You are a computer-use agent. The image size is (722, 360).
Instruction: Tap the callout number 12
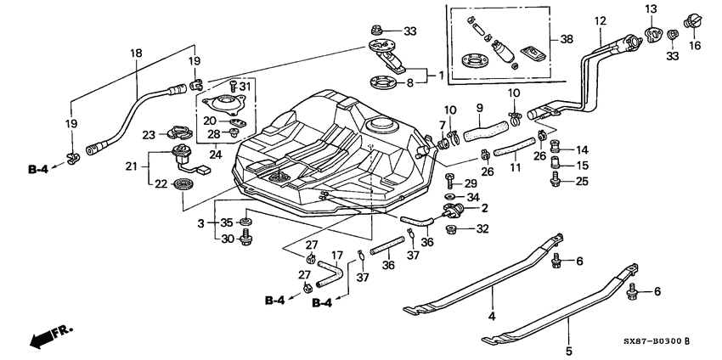tap(601, 20)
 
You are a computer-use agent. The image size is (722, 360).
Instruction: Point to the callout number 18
tap(135, 53)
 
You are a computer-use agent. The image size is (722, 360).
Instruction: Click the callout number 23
tap(148, 134)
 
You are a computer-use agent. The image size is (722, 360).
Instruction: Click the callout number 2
tap(486, 207)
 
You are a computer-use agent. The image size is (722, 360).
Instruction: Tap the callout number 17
tap(336, 254)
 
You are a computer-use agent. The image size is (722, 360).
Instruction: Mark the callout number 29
tap(470, 183)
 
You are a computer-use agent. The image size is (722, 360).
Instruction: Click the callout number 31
tap(246, 86)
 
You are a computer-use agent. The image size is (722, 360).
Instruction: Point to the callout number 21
tap(131, 167)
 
